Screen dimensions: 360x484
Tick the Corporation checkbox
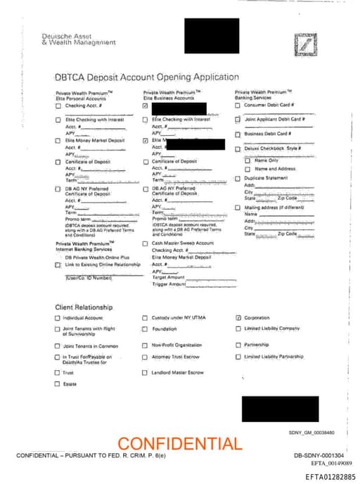click(238, 318)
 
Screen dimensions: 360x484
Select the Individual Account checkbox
click(58, 318)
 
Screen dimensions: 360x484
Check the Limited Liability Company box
click(238, 329)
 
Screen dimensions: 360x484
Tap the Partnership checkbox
click(238, 345)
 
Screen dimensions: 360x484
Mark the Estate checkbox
click(58, 383)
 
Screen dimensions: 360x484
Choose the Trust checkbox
click(58, 373)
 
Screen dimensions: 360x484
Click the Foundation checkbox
click(146, 329)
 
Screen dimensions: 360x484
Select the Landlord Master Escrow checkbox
click(146, 372)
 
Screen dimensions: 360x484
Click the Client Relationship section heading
click(84, 307)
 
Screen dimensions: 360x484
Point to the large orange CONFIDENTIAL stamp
click(179, 444)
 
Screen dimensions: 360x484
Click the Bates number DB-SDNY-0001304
click(319, 456)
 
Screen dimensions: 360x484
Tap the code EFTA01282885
click(330, 477)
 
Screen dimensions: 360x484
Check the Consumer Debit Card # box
click(238, 106)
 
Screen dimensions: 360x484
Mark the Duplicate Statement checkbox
click(238, 179)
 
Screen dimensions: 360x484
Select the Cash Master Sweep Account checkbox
click(146, 243)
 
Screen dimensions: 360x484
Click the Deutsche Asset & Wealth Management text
click(79, 39)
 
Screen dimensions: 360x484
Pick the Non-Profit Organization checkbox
click(146, 345)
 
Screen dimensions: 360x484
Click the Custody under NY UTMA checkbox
click(146, 318)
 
